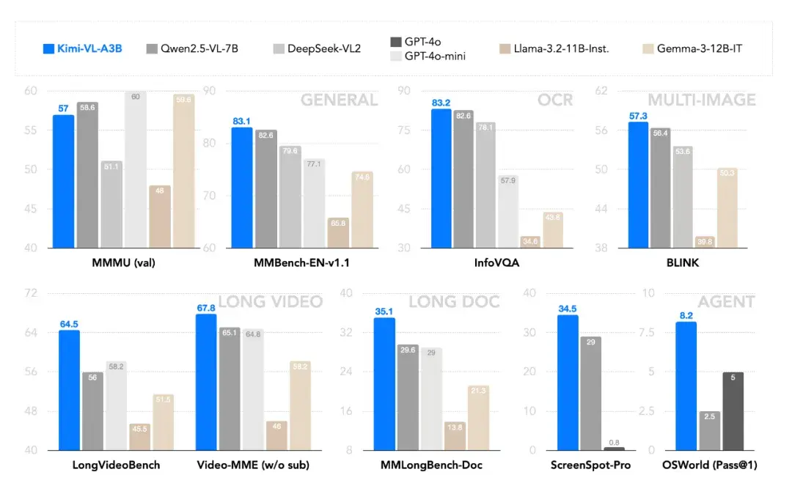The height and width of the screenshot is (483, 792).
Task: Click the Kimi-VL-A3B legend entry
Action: click(x=80, y=48)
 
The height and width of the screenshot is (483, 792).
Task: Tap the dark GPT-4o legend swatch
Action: click(x=394, y=43)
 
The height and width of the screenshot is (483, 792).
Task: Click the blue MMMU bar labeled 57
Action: click(x=63, y=181)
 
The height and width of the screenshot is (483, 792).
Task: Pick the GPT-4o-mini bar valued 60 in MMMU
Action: click(x=135, y=169)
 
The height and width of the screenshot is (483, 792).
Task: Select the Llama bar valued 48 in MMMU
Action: click(x=159, y=216)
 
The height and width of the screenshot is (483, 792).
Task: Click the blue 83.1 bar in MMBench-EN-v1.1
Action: click(x=242, y=187)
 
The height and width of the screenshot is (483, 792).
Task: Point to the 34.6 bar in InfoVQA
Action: click(x=529, y=242)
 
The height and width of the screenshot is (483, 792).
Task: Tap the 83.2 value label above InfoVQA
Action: click(x=441, y=103)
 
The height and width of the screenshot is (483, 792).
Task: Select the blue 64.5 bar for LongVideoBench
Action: click(x=69, y=390)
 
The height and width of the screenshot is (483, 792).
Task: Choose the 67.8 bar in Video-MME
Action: click(x=206, y=382)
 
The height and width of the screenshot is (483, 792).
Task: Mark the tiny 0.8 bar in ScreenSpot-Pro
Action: click(x=614, y=448)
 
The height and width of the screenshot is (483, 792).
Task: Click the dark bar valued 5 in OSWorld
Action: click(x=733, y=411)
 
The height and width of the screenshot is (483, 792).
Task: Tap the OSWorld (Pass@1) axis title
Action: click(x=710, y=465)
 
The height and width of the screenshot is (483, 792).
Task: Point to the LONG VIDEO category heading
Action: click(x=271, y=301)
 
